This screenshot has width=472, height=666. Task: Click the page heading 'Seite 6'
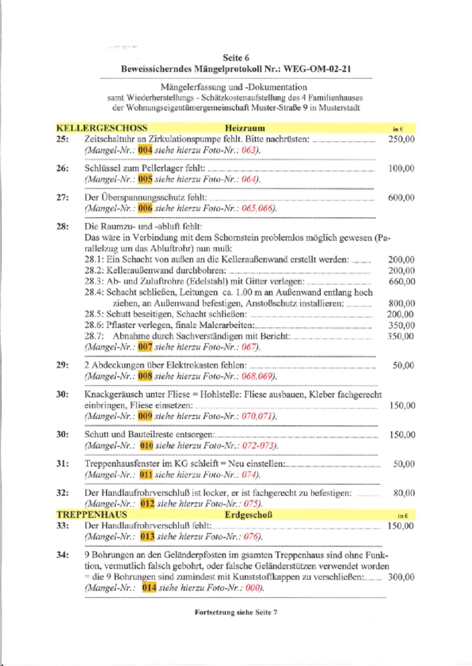point(236,58)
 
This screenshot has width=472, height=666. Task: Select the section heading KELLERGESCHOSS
point(102,128)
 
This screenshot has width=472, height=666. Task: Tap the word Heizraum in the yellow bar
point(245,128)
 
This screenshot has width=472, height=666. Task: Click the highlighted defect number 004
point(145,150)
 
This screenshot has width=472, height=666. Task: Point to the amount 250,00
point(401,139)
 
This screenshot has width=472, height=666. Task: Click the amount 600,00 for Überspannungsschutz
point(401,198)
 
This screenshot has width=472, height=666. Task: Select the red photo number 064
point(249,179)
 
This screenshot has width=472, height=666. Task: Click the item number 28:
point(63,227)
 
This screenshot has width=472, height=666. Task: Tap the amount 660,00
point(401,281)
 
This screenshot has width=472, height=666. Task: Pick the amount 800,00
point(401,303)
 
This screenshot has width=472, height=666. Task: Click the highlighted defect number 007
point(145,347)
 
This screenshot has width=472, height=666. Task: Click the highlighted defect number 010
point(146,445)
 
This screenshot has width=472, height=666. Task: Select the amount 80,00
point(404,493)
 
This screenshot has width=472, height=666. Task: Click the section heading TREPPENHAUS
point(92,514)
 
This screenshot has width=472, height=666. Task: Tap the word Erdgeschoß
point(248,514)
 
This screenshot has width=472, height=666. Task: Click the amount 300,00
point(401,577)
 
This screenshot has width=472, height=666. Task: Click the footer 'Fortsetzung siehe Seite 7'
point(236,612)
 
